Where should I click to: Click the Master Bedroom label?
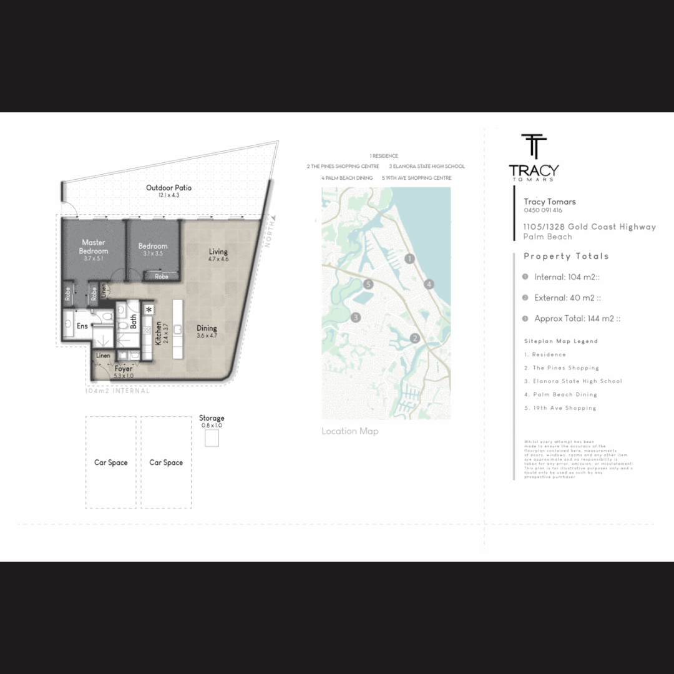pyautogui.click(x=94, y=247)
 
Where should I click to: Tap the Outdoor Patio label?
pyautogui.click(x=168, y=188)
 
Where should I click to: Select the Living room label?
pyautogui.click(x=218, y=252)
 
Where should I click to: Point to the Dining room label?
pyautogui.click(x=207, y=328)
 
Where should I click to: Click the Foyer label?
pyautogui.click(x=124, y=369)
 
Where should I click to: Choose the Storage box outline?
pyautogui.click(x=212, y=439)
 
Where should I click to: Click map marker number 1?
pyautogui.click(x=409, y=258)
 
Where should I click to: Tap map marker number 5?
pyautogui.click(x=369, y=284)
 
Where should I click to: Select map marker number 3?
pyautogui.click(x=356, y=317)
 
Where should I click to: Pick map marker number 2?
pyautogui.click(x=414, y=339)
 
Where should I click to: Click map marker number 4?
pyautogui.click(x=429, y=285)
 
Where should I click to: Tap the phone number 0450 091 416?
pyautogui.click(x=543, y=211)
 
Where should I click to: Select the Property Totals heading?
pyautogui.click(x=566, y=256)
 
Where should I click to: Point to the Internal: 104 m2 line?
pyautogui.click(x=567, y=277)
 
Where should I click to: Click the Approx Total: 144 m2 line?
pyautogui.click(x=577, y=318)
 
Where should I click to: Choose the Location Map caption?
pyautogui.click(x=349, y=431)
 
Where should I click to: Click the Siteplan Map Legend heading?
pyautogui.click(x=561, y=341)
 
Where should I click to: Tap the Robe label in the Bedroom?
pyautogui.click(x=162, y=276)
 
